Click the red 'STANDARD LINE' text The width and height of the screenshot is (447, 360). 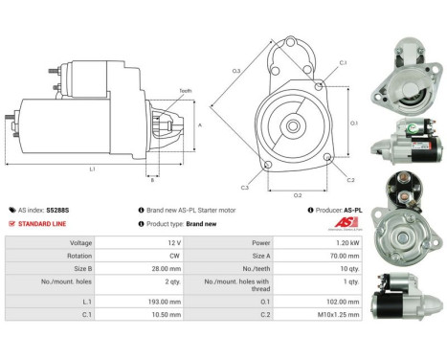coord(48,222)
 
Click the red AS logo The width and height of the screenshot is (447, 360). coord(339,221)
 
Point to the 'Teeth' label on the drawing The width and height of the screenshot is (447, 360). coord(185,91)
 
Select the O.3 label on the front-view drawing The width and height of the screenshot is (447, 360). coord(235,70)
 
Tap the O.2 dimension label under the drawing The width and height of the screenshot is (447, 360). coord(297,194)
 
